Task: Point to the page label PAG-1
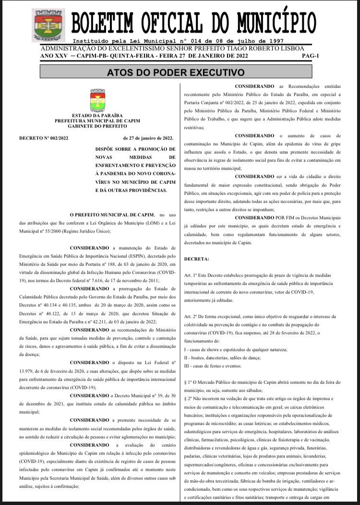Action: click(311, 56)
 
